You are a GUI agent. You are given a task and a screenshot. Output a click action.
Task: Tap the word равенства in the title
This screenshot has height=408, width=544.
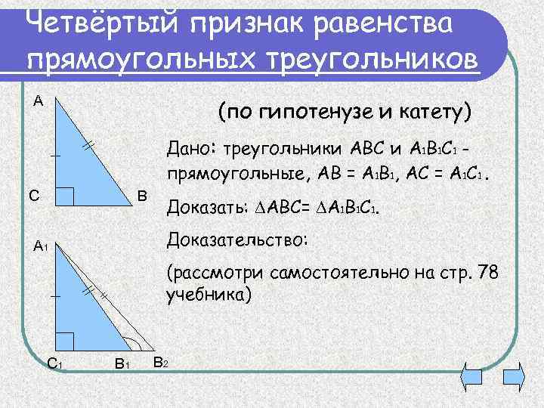point(386,23)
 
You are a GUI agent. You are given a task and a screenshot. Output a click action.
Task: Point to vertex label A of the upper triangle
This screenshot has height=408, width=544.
point(39,101)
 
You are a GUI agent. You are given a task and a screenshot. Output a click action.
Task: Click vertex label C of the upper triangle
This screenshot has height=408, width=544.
point(34,196)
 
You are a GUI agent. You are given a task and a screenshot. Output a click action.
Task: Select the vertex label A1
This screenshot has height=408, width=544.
point(41,246)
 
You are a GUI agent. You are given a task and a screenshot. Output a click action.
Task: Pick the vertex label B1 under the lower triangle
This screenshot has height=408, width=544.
point(121,363)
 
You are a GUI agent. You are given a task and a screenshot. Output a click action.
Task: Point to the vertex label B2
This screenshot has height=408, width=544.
point(160,362)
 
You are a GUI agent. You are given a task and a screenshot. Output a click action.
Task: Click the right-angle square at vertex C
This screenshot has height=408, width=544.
point(65,196)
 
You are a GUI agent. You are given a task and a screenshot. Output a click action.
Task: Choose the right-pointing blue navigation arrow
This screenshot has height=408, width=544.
point(514,375)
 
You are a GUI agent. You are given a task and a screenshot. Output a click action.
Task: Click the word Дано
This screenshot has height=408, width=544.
point(195,146)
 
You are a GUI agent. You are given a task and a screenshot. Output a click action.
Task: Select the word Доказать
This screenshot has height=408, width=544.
point(201,207)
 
